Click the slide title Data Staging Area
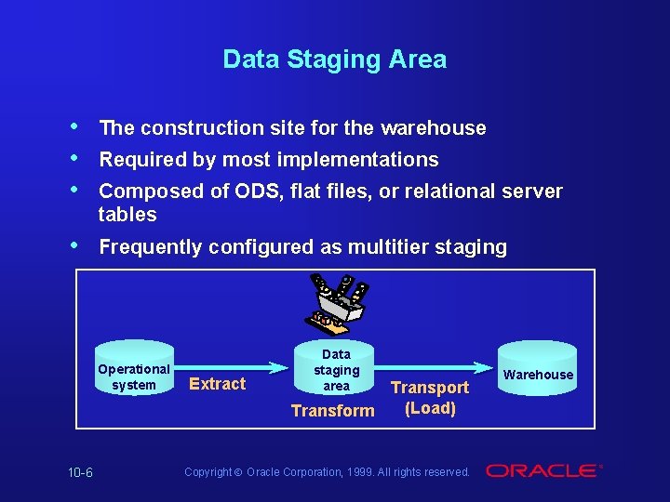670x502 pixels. click(335, 59)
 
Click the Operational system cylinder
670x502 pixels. click(134, 376)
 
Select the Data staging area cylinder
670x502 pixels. click(336, 370)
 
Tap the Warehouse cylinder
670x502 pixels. click(539, 375)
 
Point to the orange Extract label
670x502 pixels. click(217, 384)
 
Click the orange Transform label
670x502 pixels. click(332, 410)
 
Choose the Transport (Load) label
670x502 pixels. click(430, 398)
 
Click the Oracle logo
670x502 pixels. click(543, 471)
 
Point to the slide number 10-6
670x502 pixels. click(80, 472)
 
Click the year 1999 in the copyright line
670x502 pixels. click(361, 472)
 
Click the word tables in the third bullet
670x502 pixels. click(127, 215)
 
